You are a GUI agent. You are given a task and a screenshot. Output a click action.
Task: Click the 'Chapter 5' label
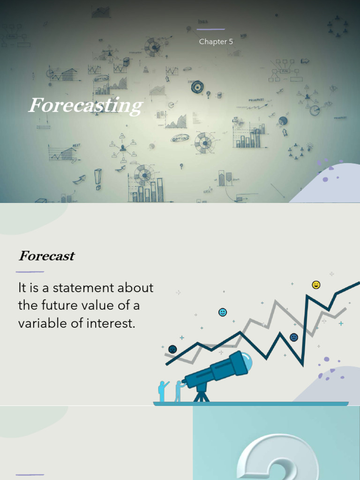216,42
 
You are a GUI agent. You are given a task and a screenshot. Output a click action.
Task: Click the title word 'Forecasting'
85,106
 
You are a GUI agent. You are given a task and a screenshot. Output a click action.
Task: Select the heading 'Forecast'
46,256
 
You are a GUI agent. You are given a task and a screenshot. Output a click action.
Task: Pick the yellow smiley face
316,285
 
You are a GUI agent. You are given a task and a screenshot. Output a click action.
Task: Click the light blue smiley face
223,312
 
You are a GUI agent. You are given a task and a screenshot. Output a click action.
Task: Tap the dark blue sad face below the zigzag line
294,337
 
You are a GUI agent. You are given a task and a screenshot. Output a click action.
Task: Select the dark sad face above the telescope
172,349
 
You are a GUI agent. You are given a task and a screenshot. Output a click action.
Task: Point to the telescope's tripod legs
202,395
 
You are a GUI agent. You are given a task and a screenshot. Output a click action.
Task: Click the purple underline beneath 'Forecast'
30,271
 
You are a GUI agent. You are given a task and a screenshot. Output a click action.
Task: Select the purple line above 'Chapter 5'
210,29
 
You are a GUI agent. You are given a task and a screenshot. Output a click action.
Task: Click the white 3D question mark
272,457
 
